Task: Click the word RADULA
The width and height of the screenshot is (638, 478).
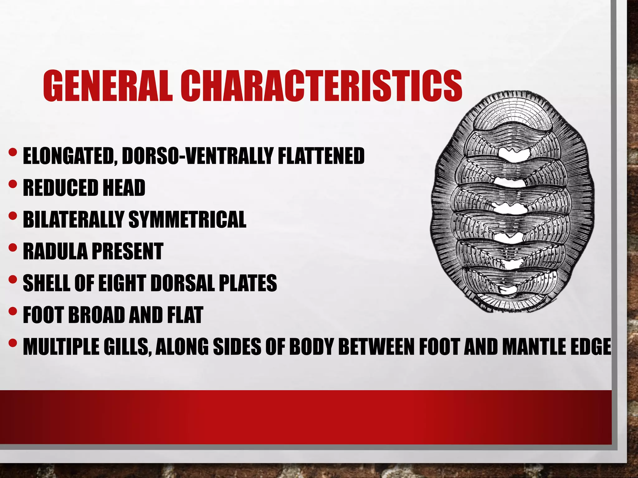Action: tap(55, 251)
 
